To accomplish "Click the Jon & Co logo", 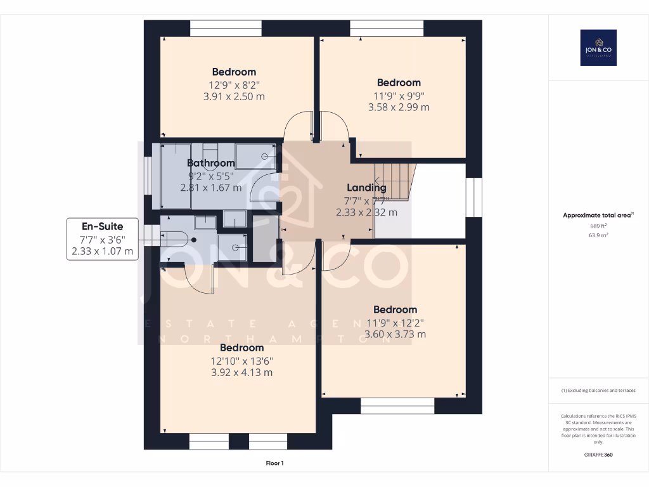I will (598, 48).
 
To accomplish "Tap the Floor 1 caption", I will (274, 464).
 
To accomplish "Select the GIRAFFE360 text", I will (598, 455).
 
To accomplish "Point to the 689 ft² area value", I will (598, 226).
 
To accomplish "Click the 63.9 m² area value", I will (598, 235).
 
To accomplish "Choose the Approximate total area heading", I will (598, 216).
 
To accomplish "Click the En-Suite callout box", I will (102, 239).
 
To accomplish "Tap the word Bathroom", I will (210, 164).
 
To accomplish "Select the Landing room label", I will (366, 188).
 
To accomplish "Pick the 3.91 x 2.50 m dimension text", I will (234, 96).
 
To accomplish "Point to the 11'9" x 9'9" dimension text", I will (399, 96).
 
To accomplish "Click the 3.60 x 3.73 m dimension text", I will (395, 334).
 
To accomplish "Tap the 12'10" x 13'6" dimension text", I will (241, 360).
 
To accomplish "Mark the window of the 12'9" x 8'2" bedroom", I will (226, 29).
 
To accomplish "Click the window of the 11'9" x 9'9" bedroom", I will (387, 29).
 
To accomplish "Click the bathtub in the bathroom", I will (176, 176).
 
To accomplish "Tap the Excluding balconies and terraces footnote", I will (598, 391).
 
